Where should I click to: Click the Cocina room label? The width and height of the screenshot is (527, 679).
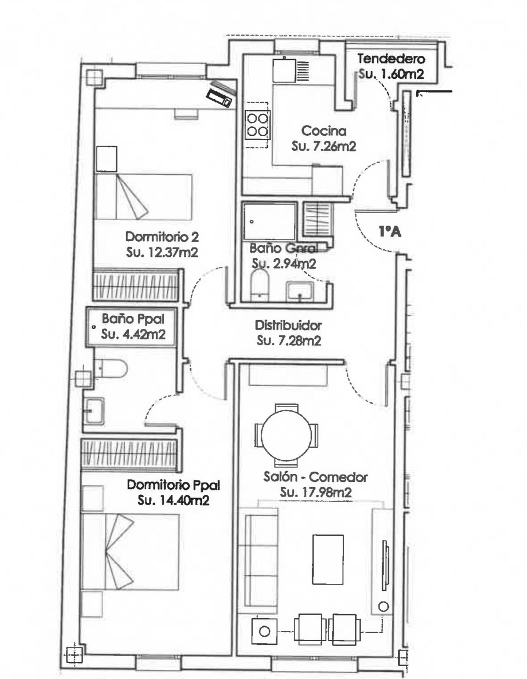tap(324, 131)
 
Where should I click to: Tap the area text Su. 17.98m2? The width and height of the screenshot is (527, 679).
tap(315, 493)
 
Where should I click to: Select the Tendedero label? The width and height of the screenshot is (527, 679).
tap(391, 59)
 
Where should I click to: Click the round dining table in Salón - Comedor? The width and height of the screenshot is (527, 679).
tap(286, 435)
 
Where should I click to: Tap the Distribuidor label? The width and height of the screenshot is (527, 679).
tap(288, 325)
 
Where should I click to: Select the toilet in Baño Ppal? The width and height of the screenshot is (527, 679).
tap(110, 369)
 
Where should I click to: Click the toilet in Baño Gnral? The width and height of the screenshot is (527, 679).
tap(260, 286)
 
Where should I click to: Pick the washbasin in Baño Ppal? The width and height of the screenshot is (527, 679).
tap(94, 410)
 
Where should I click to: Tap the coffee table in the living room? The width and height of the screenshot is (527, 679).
tap(328, 559)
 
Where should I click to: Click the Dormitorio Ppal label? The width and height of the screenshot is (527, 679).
tap(173, 485)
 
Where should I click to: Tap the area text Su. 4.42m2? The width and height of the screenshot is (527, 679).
tap(133, 334)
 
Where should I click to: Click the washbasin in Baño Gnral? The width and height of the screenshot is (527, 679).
tap(300, 291)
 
